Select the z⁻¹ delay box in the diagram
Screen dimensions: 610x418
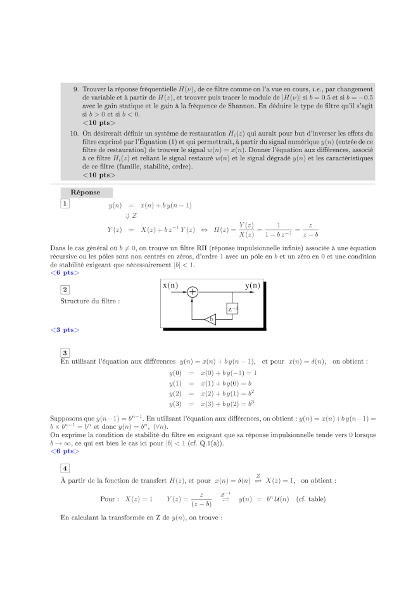(232, 308)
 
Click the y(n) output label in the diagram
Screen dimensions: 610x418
(252, 286)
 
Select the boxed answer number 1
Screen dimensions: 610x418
(65, 203)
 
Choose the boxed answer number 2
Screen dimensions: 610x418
(65, 289)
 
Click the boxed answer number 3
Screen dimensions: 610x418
(65, 353)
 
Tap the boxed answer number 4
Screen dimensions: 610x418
(65, 468)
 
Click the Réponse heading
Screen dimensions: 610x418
(85, 191)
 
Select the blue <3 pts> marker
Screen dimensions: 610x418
(65, 330)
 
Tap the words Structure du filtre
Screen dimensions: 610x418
(90, 301)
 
